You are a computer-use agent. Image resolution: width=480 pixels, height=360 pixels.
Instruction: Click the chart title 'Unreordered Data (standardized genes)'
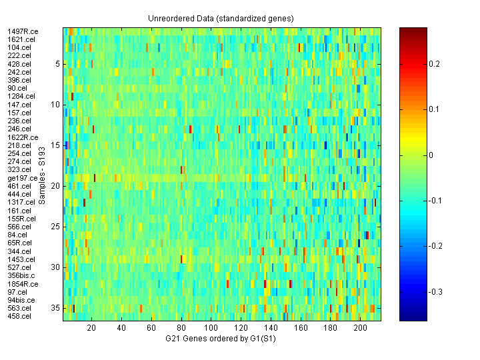coord(221,18)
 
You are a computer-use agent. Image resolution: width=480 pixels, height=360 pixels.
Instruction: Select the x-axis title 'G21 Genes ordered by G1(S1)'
coord(221,339)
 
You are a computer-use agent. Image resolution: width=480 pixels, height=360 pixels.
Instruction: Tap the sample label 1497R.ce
coord(23,31)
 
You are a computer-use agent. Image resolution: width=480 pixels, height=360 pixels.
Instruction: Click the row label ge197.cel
coord(22,178)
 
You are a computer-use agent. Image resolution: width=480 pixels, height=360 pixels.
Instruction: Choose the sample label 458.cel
coord(19,316)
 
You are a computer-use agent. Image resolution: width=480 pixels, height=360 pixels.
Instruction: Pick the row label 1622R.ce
coord(23,137)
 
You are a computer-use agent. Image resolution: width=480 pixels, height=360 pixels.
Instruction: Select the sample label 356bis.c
coord(22,275)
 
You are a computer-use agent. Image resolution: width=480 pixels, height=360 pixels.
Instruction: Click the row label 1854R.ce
coord(23,284)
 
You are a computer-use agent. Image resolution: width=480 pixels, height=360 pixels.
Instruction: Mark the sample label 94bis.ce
coord(21,300)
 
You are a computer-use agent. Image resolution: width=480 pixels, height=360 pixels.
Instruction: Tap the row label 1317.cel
coord(21,202)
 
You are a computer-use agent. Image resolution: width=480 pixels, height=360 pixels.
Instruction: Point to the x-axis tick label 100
coord(211,328)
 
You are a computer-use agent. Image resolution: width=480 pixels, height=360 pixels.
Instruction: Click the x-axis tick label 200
coord(361,328)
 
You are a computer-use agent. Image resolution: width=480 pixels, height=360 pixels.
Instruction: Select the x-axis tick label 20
coord(92,328)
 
